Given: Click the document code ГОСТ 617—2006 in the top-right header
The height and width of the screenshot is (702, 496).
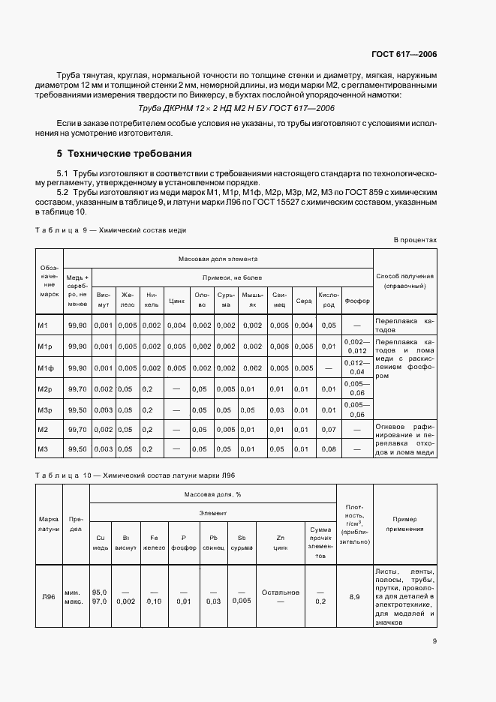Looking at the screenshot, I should [404, 55].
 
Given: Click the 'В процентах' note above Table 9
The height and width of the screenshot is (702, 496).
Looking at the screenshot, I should [415, 240].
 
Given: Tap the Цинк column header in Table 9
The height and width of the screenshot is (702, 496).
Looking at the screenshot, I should [177, 301].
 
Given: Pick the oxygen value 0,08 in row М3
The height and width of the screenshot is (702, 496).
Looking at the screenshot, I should [329, 448].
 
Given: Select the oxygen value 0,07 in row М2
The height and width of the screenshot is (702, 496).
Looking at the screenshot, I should [329, 430].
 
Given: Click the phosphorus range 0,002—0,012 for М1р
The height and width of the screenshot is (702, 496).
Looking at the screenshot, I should [356, 346].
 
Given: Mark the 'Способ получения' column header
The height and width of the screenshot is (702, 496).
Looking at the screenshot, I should [404, 280].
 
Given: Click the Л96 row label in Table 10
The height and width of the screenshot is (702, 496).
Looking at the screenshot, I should [47, 596].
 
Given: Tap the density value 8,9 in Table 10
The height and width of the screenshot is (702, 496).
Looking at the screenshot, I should [354, 596].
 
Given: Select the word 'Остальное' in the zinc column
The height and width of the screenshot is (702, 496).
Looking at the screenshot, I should [281, 592].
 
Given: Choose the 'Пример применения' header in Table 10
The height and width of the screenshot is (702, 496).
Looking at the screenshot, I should [404, 523].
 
